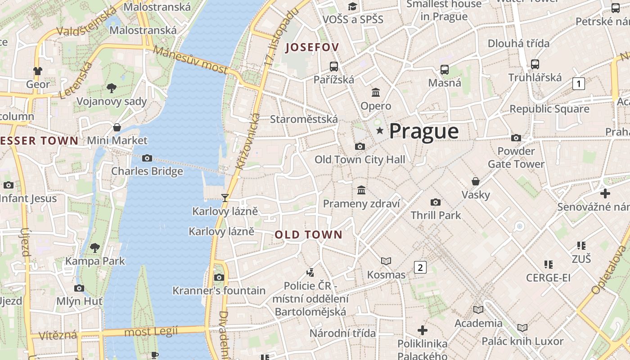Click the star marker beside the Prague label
tap(380, 131)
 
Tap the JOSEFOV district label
tap(312, 47)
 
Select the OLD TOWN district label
tap(309, 234)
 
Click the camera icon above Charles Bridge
tap(147, 158)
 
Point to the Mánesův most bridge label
tap(190, 60)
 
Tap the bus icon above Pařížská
tap(334, 67)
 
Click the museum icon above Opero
tap(376, 93)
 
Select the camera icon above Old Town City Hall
tap(360, 146)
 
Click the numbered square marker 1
tap(579, 83)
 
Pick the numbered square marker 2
tap(420, 267)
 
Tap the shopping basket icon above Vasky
tap(476, 181)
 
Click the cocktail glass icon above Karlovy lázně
tap(225, 198)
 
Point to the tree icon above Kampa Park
tap(95, 247)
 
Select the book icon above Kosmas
tap(386, 261)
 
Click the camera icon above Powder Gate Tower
tap(516, 138)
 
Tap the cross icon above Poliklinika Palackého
tap(422, 330)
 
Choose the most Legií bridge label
tap(151, 332)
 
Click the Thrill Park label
tap(436, 215)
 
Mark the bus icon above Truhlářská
tap(535, 64)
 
